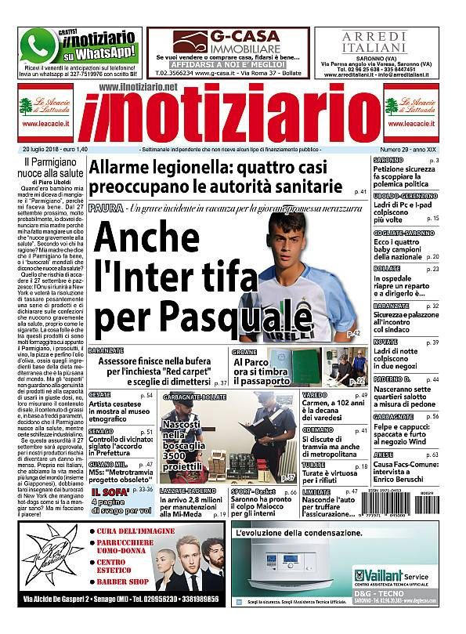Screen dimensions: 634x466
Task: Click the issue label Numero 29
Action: click(x=397, y=150)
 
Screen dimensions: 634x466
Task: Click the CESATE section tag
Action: click(x=99, y=394)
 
